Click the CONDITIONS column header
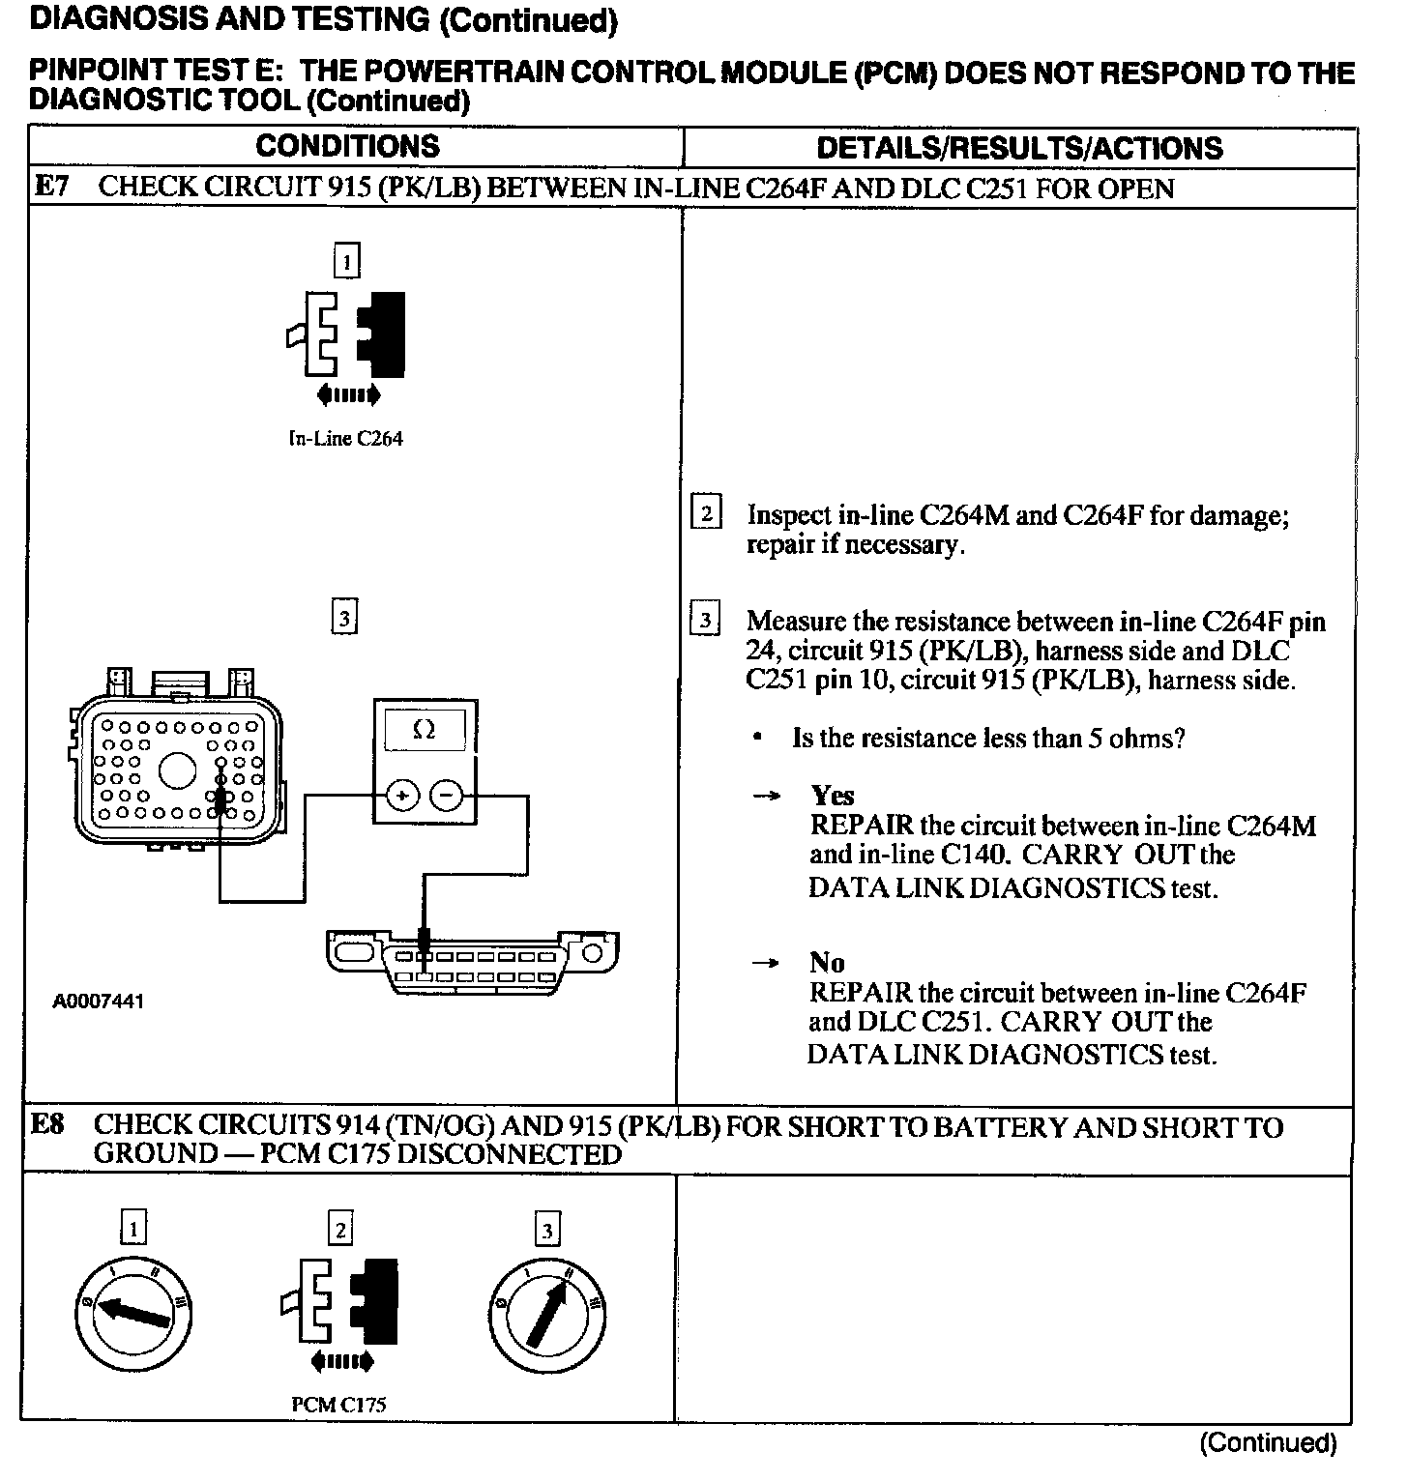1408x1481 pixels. tap(347, 147)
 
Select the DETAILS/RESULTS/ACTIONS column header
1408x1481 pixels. tap(1019, 148)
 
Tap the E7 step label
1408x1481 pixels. tap(50, 187)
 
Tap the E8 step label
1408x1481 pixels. tap(47, 1124)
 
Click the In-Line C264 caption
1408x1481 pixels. tap(345, 439)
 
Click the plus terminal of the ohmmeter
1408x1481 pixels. tap(402, 796)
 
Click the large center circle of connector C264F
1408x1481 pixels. tap(177, 771)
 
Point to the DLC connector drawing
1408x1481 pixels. tap(473, 959)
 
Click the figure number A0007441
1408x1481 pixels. tap(99, 1002)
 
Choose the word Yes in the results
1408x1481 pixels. tap(833, 796)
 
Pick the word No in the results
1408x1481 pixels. tap(827, 963)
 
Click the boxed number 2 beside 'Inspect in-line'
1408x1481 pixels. tap(706, 512)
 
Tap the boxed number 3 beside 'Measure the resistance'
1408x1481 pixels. tap(706, 619)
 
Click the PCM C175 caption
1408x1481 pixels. tap(338, 1405)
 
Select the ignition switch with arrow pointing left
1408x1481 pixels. tap(132, 1313)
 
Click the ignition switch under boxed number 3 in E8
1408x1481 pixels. tap(547, 1314)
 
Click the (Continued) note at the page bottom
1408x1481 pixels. tap(1268, 1443)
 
